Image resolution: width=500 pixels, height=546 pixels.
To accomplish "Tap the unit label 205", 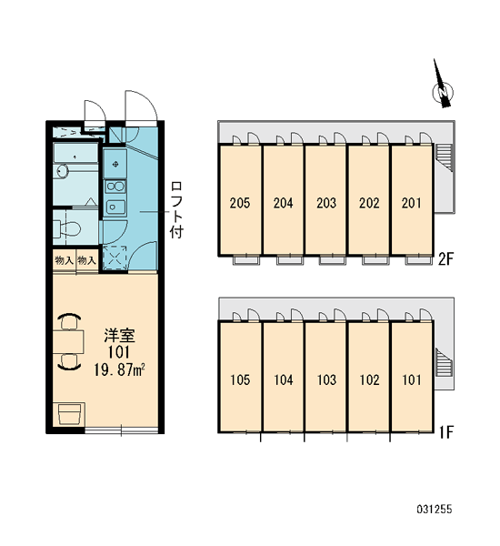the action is tap(240, 203).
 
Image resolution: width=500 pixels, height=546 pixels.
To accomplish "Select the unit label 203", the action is tap(326, 203).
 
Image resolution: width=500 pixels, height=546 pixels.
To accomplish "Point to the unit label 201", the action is tap(411, 203).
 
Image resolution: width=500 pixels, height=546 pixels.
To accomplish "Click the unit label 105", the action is tap(240, 379).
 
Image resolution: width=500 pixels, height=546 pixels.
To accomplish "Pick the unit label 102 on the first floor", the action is tap(369, 379).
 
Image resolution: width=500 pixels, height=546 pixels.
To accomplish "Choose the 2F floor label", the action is tap(445, 259).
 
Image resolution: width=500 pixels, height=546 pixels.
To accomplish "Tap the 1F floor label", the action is tap(446, 432).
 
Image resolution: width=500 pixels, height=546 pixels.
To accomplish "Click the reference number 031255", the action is tap(435, 509).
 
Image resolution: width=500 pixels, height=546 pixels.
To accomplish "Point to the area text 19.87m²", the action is tap(119, 369).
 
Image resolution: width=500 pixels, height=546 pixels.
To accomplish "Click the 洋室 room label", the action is tap(119, 335).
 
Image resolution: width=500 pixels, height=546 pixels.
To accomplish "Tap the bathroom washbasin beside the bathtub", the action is tap(63, 171).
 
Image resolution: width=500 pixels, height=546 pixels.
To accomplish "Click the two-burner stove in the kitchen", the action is tap(115, 187).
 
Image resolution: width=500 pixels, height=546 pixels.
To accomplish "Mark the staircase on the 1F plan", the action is tap(445, 363).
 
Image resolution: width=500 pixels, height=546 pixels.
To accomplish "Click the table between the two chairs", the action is tap(68, 341).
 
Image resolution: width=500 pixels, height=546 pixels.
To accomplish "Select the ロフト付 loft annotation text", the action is tap(176, 209).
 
